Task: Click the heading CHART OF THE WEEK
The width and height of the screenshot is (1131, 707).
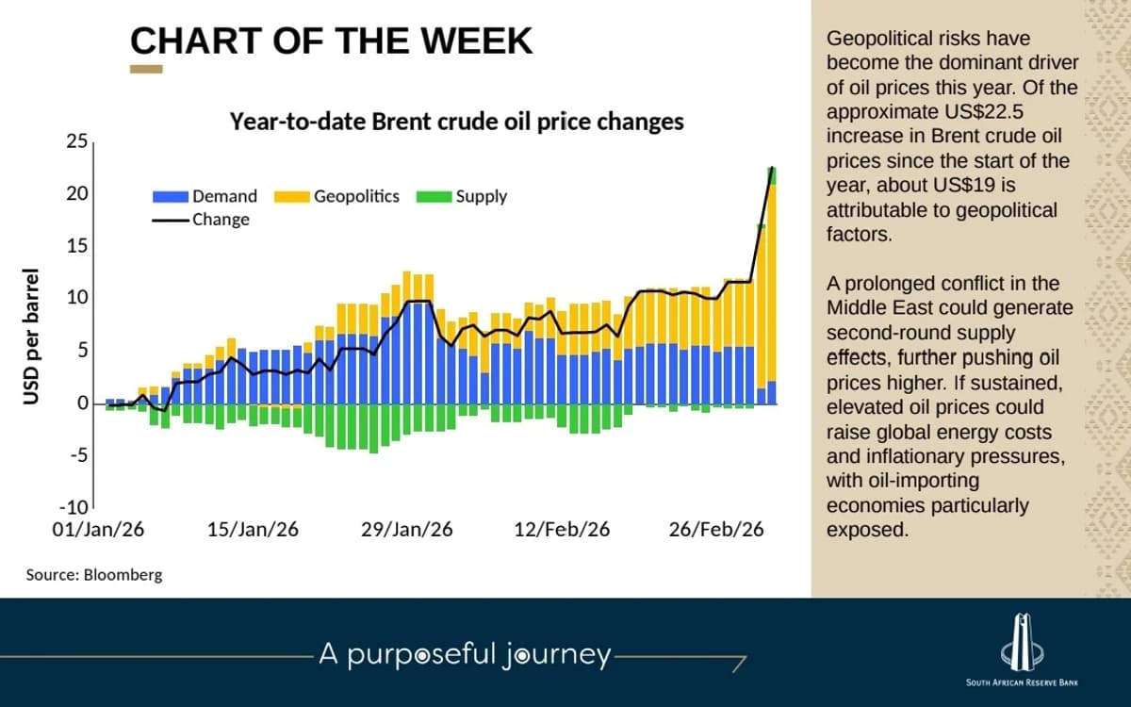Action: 331,41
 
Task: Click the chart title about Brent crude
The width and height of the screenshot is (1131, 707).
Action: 457,122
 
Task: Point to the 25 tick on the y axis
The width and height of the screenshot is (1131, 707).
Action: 76,142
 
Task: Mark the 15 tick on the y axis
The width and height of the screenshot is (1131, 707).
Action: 76,246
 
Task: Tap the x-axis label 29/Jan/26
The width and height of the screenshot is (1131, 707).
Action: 406,530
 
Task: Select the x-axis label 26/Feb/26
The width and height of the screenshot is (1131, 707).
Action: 716,530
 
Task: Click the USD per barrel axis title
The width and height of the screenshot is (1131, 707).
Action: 32,337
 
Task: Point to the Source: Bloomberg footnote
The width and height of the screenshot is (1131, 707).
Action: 94,574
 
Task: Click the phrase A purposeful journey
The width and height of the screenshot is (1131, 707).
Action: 465,654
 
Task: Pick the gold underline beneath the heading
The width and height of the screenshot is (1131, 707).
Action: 146,69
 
